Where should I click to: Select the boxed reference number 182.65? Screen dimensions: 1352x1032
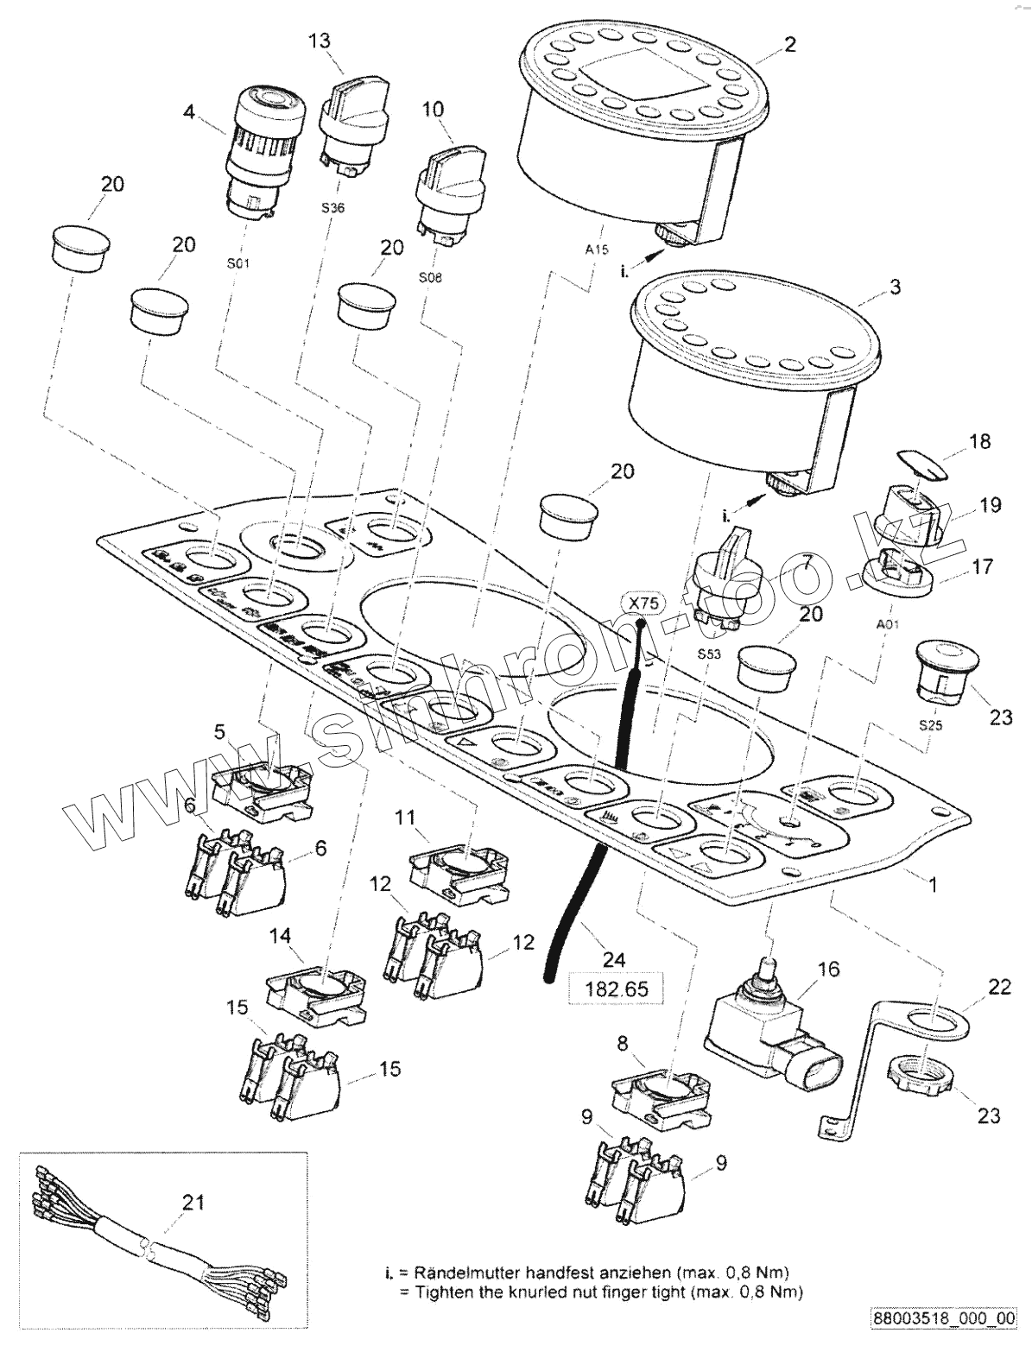tap(617, 986)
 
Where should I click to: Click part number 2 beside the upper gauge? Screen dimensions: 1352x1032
tap(790, 45)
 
